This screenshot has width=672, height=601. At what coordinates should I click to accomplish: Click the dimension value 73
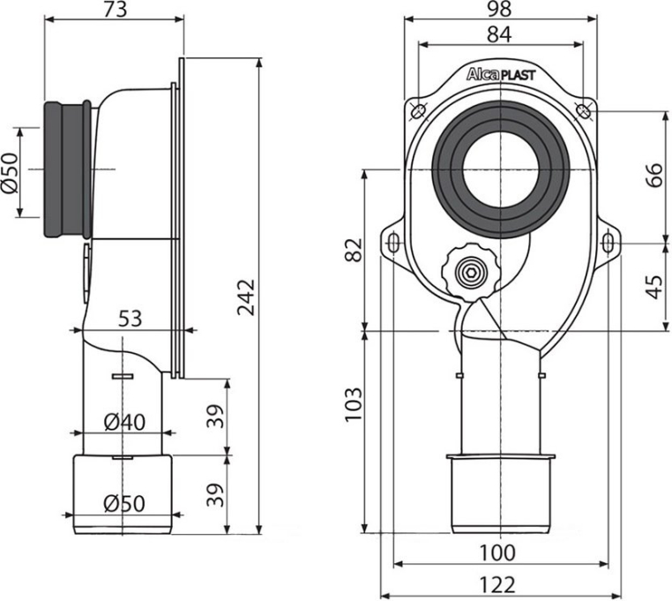click(112, 11)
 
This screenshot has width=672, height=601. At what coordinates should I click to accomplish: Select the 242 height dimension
click(246, 297)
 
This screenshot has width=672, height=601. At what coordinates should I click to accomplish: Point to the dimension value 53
click(129, 318)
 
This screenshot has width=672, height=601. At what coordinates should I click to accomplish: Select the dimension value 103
click(354, 403)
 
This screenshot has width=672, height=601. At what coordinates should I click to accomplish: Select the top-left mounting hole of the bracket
click(418, 109)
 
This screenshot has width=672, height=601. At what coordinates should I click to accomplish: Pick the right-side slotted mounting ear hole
click(609, 241)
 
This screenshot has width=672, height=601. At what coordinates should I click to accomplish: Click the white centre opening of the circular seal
click(499, 168)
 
